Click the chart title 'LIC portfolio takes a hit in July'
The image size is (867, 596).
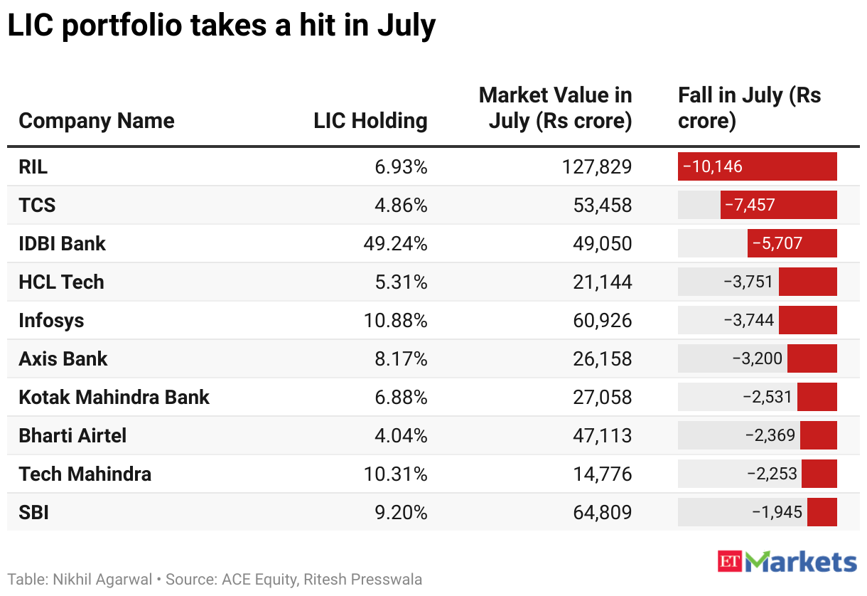coord(222,26)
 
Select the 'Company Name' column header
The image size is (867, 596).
coord(97,121)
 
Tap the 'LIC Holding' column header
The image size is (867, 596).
coord(370,121)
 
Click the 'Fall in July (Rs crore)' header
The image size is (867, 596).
coord(749,107)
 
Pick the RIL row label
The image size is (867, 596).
coord(33,167)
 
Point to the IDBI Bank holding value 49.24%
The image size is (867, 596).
coord(395,243)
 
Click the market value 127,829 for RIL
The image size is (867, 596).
coord(596,167)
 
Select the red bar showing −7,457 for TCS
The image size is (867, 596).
coord(778,205)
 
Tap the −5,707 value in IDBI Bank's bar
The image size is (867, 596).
coord(777,243)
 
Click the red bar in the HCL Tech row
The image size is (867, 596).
coord(808,282)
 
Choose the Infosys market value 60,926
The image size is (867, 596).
coord(602,320)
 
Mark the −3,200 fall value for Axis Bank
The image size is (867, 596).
coord(758,358)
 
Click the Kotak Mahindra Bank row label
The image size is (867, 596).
coord(114,397)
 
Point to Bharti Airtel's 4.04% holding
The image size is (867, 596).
coord(401,436)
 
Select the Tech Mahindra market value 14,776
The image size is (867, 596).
coord(602,474)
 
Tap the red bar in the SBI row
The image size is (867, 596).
coord(822,512)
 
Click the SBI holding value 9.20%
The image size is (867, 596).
coord(401,512)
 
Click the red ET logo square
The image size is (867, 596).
coord(730,561)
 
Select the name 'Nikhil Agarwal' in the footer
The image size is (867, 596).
coord(102,580)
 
